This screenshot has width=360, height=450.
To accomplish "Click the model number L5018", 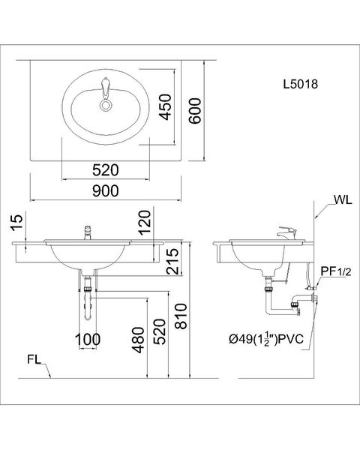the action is [x=301, y=84].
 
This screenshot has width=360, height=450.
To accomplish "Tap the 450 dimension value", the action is [x=166, y=107].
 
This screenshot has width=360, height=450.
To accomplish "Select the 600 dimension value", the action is [x=195, y=111].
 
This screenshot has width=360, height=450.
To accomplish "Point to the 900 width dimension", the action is [x=105, y=190].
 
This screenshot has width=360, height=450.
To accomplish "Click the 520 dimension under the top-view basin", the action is [x=105, y=170].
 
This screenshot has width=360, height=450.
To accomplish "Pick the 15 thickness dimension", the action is [x=17, y=223].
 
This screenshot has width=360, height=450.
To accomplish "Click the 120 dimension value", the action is [x=145, y=223].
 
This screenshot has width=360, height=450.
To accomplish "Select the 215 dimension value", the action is [x=172, y=261].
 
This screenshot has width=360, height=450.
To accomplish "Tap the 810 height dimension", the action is [x=181, y=316].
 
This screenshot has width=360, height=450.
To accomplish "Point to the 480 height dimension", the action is [x=138, y=340].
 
